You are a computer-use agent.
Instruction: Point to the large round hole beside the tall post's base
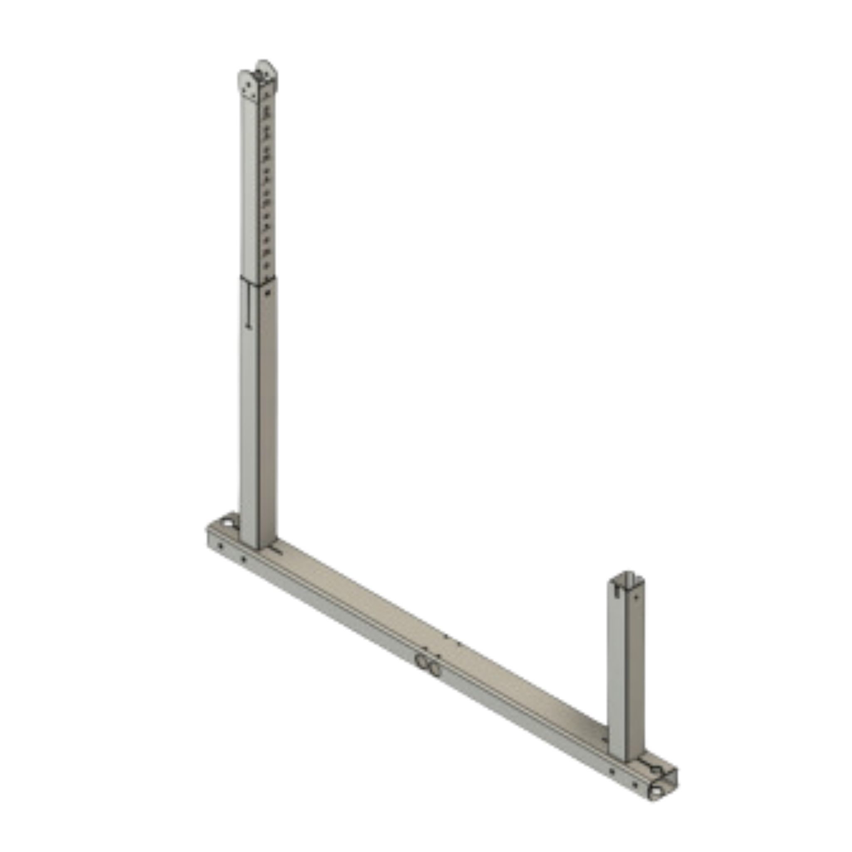point(227,523)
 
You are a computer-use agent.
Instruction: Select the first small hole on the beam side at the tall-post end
point(221,547)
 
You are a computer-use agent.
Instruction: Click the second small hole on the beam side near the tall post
point(243,559)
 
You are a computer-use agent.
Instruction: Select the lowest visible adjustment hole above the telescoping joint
point(266,266)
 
